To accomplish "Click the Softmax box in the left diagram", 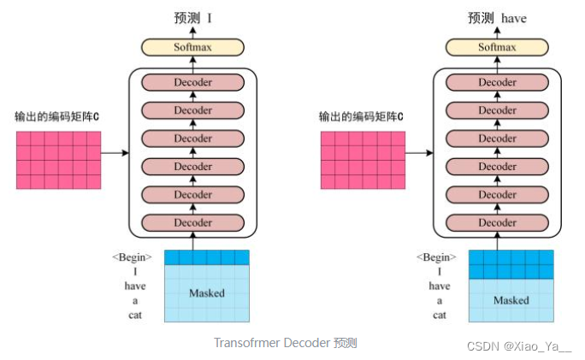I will (x=193, y=47).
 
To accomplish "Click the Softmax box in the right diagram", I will (x=498, y=47).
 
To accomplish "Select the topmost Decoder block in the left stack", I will (x=193, y=83).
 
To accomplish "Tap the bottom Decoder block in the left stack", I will (x=193, y=222).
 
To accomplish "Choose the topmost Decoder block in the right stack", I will (x=498, y=83).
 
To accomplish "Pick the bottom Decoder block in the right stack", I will (x=498, y=222).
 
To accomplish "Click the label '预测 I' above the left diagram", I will (x=193, y=17).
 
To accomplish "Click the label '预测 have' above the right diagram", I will (x=497, y=17).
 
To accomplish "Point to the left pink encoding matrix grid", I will (x=57, y=160).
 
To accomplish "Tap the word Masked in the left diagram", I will (x=206, y=293).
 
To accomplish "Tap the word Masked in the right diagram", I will (x=511, y=300).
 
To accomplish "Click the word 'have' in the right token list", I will (x=439, y=286).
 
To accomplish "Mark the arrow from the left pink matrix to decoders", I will (x=115, y=154).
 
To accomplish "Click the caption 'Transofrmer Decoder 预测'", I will (x=285, y=343).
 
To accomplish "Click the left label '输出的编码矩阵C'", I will (x=57, y=115).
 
